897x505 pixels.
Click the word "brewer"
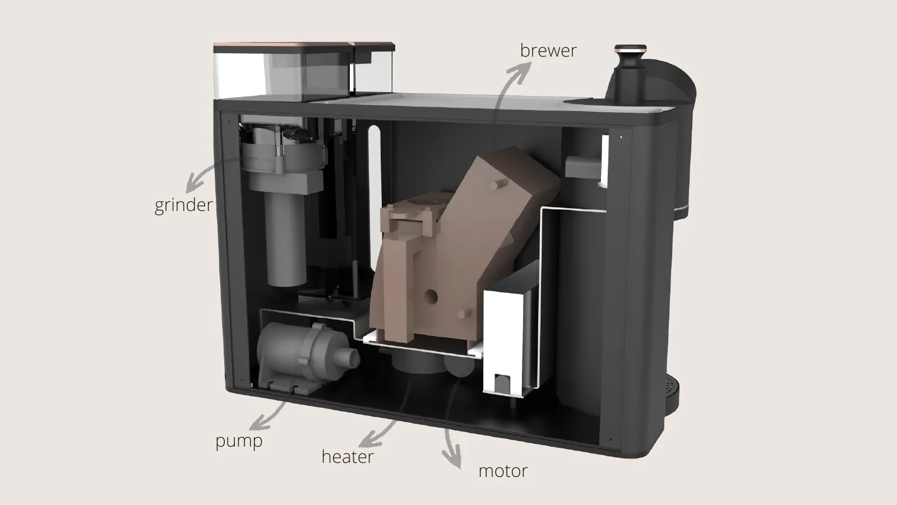pyautogui.click(x=548, y=51)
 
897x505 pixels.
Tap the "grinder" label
pyautogui.click(x=183, y=205)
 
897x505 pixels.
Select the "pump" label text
pyautogui.click(x=239, y=441)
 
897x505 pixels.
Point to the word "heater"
pyautogui.click(x=348, y=457)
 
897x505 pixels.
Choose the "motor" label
pyautogui.click(x=503, y=471)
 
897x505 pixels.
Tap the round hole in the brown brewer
pyautogui.click(x=431, y=297)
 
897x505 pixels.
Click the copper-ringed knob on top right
pyautogui.click(x=631, y=50)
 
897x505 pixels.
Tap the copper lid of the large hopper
pyautogui.click(x=283, y=47)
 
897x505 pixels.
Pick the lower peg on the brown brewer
pyautogui.click(x=465, y=313)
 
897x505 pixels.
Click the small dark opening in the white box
pyautogui.click(x=501, y=383)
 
